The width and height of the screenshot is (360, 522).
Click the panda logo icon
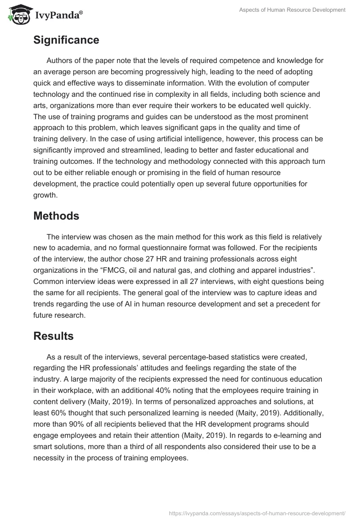pyautogui.click(x=18, y=15)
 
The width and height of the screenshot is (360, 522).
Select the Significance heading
pyautogui.click(x=66, y=40)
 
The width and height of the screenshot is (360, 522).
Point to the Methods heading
pyautogui.click(x=56, y=216)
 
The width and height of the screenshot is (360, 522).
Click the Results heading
pyautogui.click(x=54, y=336)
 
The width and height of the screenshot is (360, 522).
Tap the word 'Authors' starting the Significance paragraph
pyautogui.click(x=60, y=60)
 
